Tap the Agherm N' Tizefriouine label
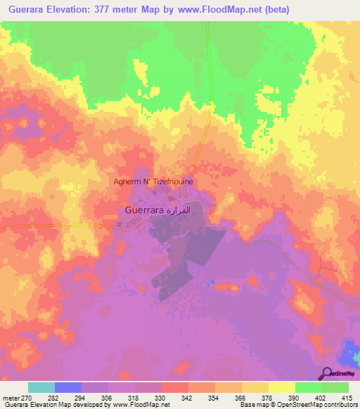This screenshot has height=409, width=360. tap(154, 181)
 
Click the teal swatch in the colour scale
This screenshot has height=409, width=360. tap(41, 387)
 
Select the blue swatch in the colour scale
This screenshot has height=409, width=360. tap(68, 387)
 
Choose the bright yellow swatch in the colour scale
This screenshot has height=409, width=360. tap(281, 387)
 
